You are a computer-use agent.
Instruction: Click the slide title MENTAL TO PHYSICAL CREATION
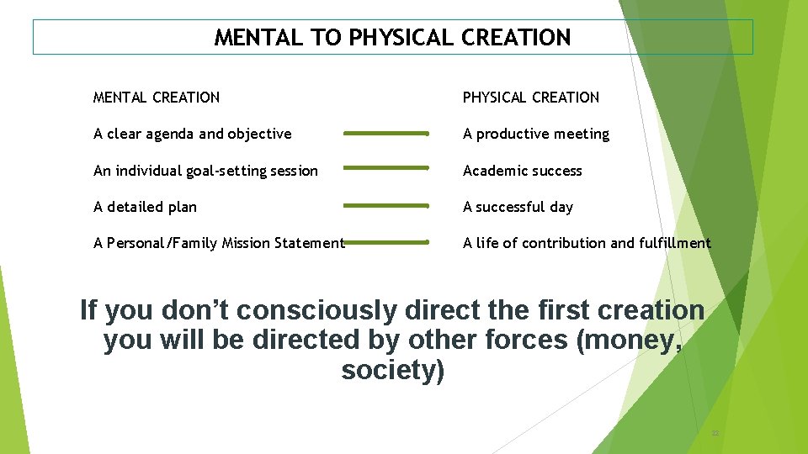(x=392, y=38)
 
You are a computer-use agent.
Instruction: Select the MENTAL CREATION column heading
(x=157, y=98)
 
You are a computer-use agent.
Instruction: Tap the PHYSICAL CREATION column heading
(x=530, y=98)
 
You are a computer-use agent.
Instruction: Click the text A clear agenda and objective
(x=193, y=134)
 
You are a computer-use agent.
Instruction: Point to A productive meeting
(x=535, y=134)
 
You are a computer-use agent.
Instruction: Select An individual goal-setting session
(x=205, y=171)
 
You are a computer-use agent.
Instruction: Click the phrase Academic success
(x=522, y=171)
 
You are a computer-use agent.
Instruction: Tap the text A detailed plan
(x=145, y=207)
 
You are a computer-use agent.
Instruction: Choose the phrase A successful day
(x=518, y=207)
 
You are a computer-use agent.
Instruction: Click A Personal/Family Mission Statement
(x=219, y=243)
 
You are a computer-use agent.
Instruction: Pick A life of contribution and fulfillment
(x=587, y=243)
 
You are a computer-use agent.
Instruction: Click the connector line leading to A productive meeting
(x=386, y=133)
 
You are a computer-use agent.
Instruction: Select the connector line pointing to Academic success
(x=386, y=168)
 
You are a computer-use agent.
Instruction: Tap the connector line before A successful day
(x=386, y=205)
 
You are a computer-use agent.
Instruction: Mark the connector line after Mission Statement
(x=388, y=242)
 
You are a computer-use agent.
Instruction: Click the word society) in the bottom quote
(x=392, y=370)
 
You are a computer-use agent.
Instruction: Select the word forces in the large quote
(x=516, y=340)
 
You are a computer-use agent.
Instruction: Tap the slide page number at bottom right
(x=715, y=433)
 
